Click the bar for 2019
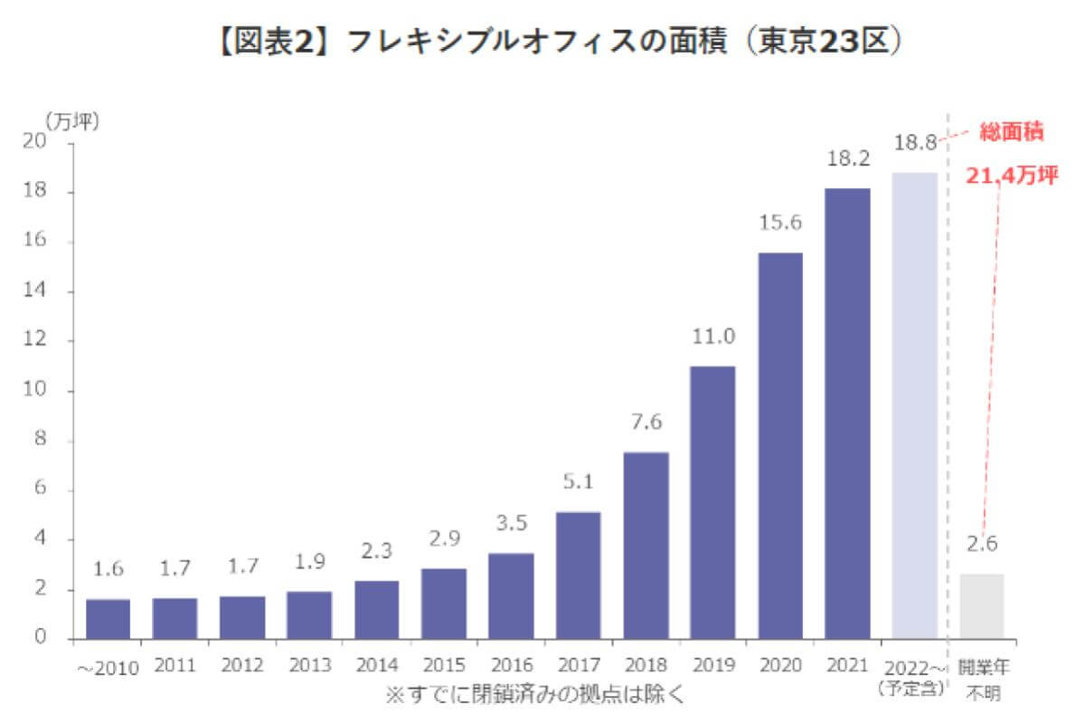712,502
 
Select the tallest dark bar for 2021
847,414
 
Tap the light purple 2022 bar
914,405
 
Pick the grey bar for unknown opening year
982,606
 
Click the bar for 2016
511,595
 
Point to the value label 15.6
780,223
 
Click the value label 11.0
713,337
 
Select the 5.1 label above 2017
578,482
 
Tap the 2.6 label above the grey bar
982,545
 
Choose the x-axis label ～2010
108,669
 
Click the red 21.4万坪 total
1011,176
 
